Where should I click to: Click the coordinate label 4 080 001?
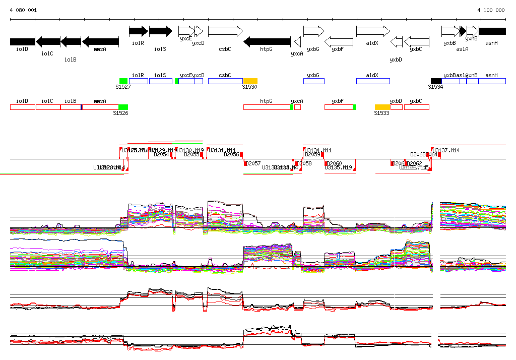pos(23,10)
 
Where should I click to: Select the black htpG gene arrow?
pos(267,41)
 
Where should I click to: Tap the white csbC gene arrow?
pos(225,31)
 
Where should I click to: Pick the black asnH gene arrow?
pos(492,31)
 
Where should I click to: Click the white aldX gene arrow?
pos(373,31)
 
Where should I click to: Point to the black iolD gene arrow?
pos(22,41)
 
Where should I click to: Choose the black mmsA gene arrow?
pos(100,41)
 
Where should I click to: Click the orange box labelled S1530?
pos(250,81)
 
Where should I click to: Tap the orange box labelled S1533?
pos(382,107)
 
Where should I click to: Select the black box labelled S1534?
pos(436,81)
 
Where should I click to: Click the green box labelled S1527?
pos(123,81)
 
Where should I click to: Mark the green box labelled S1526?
pos(123,107)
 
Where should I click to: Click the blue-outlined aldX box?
pos(373,81)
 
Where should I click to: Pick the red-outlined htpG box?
pos(267,107)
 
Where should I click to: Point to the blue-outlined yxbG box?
pos(313,81)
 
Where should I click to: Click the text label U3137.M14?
pos(446,150)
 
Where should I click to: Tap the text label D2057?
pos(253,163)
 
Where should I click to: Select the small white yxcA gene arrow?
pos(297,41)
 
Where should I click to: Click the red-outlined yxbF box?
pos(339,107)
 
